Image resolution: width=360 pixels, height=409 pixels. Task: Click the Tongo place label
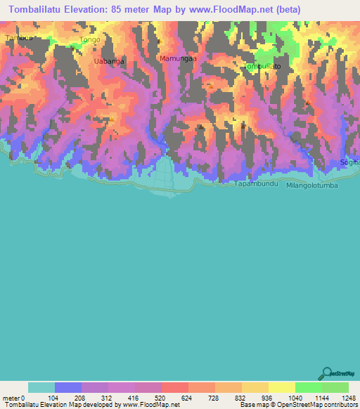click(91, 40)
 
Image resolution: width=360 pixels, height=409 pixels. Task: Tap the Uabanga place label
click(109, 61)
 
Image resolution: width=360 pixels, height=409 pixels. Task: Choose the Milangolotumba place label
click(313, 186)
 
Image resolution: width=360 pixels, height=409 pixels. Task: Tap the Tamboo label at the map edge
click(18, 38)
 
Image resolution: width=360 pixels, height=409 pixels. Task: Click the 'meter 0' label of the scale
click(13, 397)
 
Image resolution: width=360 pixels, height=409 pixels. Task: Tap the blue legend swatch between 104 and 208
click(68, 387)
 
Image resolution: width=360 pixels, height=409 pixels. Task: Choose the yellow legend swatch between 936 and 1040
click(282, 387)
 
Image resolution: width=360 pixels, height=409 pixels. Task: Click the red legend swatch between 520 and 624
click(175, 387)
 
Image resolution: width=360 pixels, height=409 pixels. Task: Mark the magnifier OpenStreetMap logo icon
click(327, 373)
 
